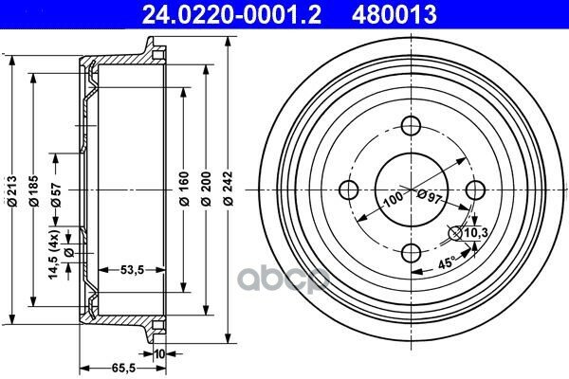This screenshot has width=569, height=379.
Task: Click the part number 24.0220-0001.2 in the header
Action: pyautogui.click(x=231, y=15)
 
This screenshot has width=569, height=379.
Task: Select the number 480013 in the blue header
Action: pyautogui.click(x=394, y=15)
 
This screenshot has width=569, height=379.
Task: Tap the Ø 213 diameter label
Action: pyautogui.click(x=12, y=191)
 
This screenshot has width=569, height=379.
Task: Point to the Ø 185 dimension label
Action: pyautogui.click(x=34, y=191)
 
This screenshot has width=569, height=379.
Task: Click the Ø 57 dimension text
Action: pyautogui.click(x=56, y=195)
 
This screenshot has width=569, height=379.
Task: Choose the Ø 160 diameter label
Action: pyautogui.click(x=184, y=189)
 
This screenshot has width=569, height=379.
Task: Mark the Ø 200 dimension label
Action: pyautogui.click(x=206, y=189)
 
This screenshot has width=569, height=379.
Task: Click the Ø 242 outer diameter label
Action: pyautogui.click(x=229, y=189)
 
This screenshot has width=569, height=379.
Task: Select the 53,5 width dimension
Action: pyautogui.click(x=132, y=270)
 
